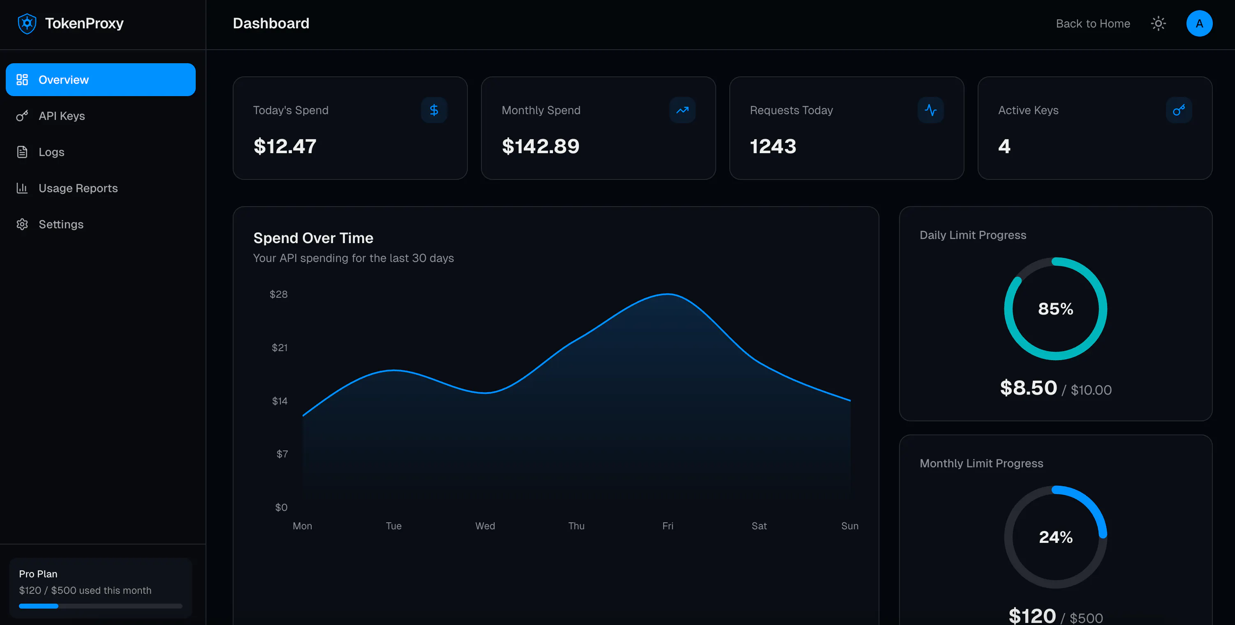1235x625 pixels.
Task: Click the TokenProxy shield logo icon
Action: click(x=27, y=23)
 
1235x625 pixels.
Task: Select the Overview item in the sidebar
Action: click(x=101, y=80)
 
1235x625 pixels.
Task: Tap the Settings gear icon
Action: click(x=22, y=224)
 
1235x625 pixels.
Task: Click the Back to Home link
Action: click(x=1093, y=23)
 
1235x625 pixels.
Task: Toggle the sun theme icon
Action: click(x=1158, y=23)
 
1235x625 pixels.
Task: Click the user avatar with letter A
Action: click(x=1200, y=23)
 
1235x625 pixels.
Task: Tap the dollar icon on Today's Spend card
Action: click(x=434, y=110)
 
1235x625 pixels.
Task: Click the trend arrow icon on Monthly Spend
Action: click(x=682, y=110)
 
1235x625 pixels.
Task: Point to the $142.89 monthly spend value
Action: click(x=540, y=146)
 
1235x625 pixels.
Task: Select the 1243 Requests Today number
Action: click(x=773, y=146)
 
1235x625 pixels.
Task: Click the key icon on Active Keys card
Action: click(x=1179, y=110)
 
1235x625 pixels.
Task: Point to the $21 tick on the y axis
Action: click(x=280, y=347)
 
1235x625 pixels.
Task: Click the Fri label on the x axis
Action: click(x=668, y=526)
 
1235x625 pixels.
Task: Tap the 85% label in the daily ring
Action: click(x=1056, y=309)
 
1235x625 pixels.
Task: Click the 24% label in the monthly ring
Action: click(x=1056, y=537)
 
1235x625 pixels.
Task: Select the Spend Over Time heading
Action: click(x=313, y=238)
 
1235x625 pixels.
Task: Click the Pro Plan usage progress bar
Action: click(x=101, y=606)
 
